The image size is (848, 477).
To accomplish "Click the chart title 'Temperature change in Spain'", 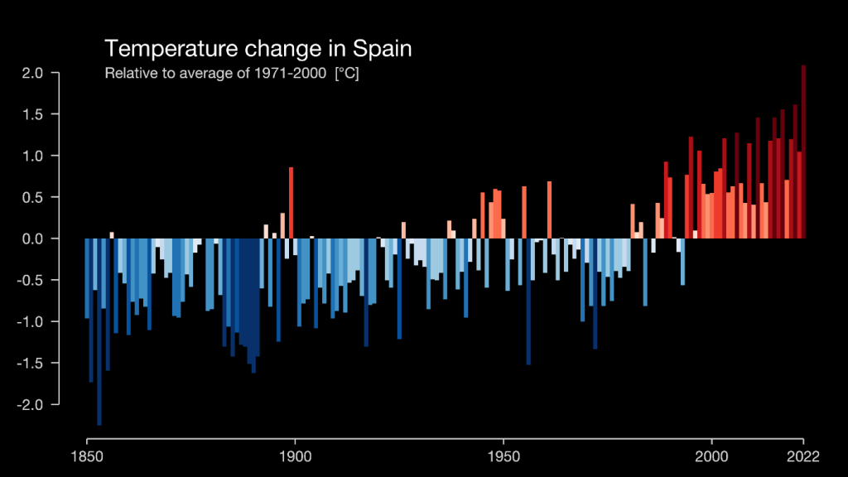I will click(258, 48).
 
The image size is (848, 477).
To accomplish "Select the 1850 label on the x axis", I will click(87, 455).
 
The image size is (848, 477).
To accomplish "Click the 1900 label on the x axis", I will click(295, 455).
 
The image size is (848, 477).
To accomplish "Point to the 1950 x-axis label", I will click(503, 455).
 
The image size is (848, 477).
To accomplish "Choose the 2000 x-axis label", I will click(711, 455).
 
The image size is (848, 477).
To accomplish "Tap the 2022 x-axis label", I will click(802, 455).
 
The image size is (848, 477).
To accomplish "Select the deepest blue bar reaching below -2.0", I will click(99, 331).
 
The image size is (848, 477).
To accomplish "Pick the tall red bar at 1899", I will click(291, 203).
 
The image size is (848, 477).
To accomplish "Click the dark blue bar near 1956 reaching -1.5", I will click(528, 302).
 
